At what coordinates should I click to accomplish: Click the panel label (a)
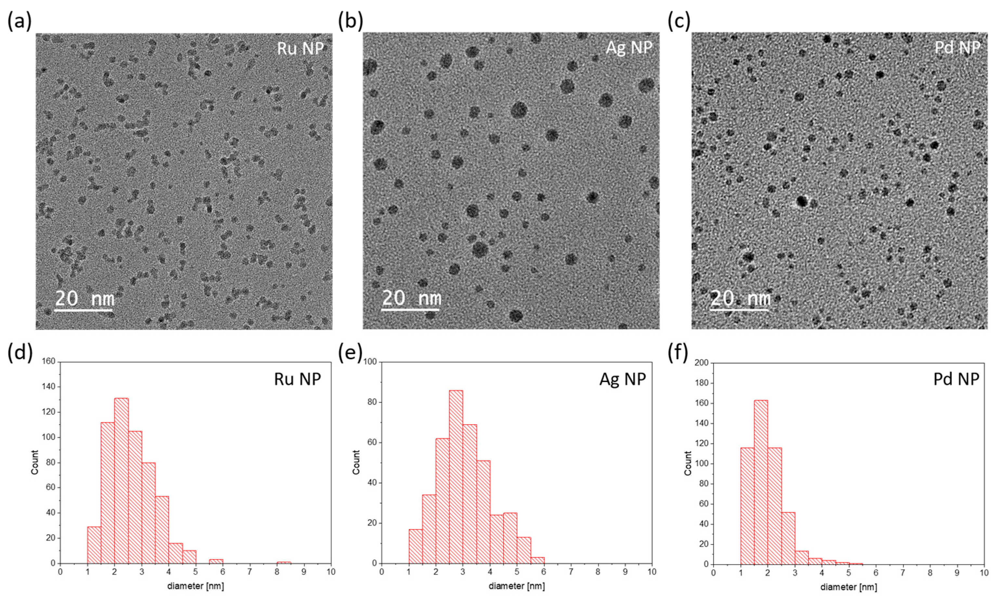coord(19,21)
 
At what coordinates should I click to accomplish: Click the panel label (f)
coord(678,353)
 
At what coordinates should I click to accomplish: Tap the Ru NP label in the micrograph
coord(300,48)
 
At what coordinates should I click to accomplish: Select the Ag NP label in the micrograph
coord(629,48)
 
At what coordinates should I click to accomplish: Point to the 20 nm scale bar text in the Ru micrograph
coord(85,298)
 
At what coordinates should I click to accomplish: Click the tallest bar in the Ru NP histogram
coord(121,480)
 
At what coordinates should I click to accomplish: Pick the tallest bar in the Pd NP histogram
coord(761,482)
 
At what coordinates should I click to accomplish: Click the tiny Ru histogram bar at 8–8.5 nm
coord(283,562)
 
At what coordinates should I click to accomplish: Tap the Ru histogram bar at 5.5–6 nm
coord(216,561)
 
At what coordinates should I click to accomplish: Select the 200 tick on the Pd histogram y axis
coord(702,363)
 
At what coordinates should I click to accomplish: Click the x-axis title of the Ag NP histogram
coord(516,586)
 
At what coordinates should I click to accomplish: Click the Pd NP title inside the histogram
coord(956,379)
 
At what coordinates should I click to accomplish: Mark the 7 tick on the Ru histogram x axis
coord(250,572)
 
